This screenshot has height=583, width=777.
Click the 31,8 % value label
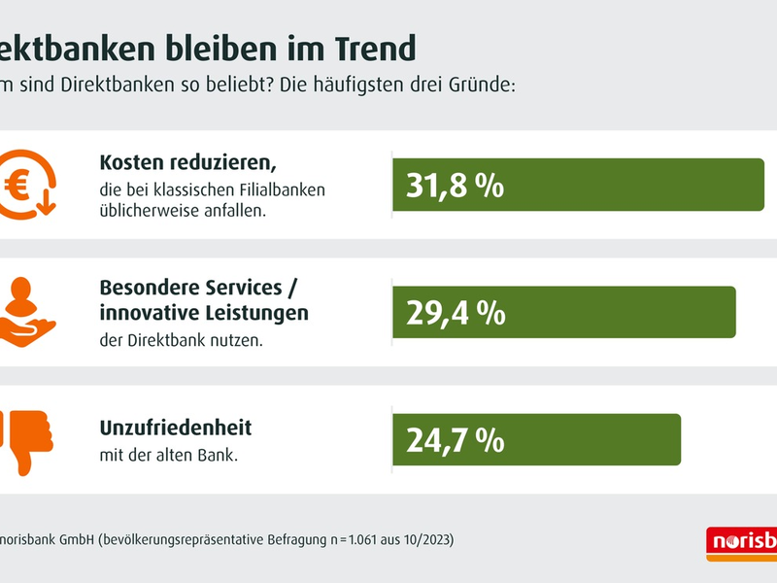455,185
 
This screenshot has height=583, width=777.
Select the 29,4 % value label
455,312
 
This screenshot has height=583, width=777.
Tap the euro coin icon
25,185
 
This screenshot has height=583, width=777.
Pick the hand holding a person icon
27,312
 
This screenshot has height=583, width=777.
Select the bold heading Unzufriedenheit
176,428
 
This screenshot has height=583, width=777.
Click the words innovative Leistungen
204,313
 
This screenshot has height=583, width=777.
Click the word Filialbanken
281,189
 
